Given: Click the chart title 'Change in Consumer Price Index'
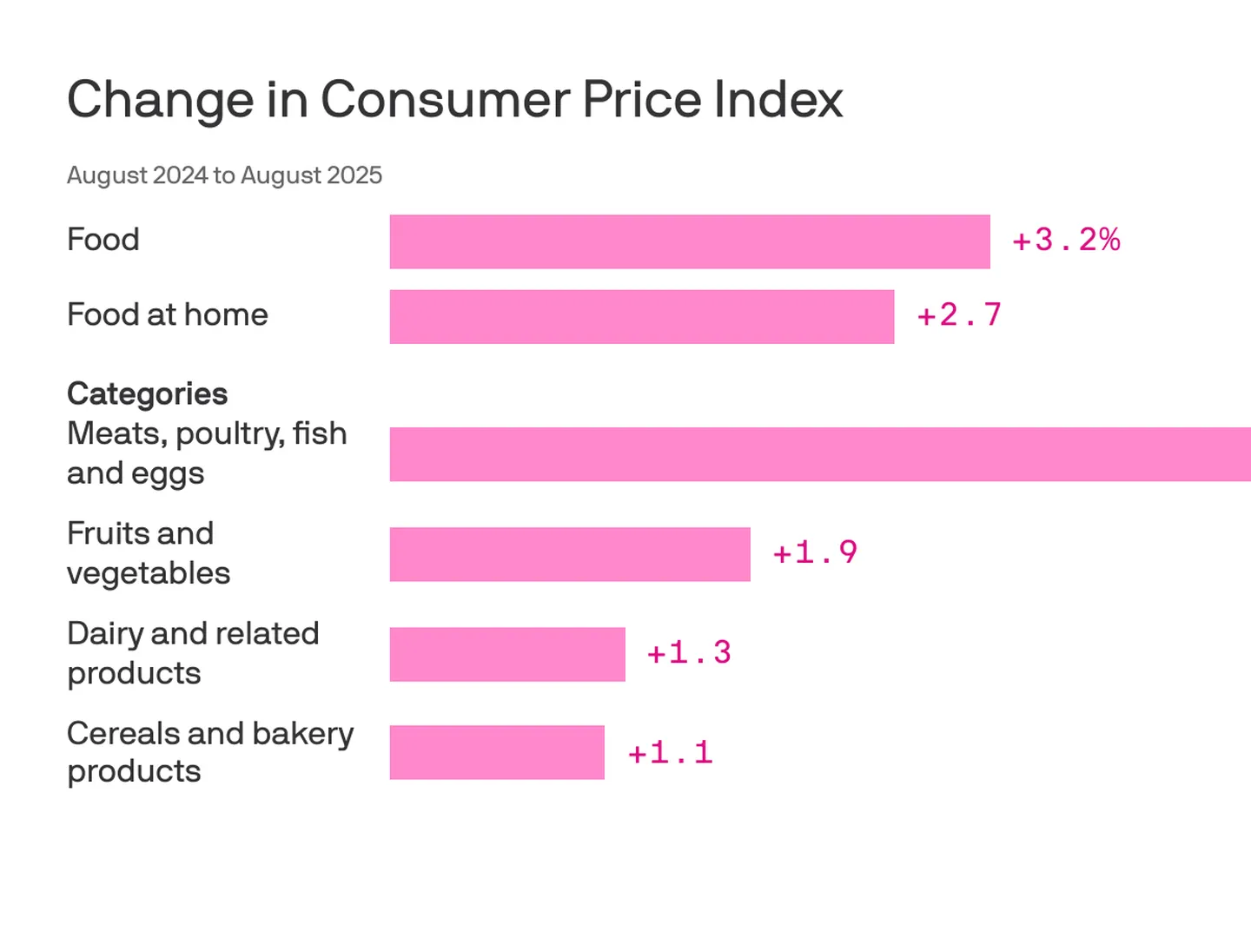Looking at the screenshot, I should coord(454,99).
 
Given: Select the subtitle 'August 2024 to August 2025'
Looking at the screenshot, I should coord(224,175).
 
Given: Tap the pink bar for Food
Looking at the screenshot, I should coord(689,241).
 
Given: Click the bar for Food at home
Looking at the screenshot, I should coord(641,316).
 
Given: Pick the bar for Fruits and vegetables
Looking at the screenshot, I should coord(569,554).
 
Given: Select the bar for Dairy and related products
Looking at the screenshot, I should coord(506,654).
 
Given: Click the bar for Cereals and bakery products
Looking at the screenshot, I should coord(496,752).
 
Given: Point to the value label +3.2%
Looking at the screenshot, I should coord(1066,241).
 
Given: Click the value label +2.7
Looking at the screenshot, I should coord(959,315).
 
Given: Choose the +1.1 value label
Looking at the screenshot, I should coord(670,753).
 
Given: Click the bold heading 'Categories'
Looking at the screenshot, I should coord(147,394).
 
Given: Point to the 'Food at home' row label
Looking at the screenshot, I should coord(167,314).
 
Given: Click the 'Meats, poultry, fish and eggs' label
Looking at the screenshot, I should coord(207,453).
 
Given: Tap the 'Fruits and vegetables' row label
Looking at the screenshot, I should coord(148,553).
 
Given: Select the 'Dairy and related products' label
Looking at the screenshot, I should coord(193,653).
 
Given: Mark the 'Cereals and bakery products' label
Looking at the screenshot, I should coord(210,752).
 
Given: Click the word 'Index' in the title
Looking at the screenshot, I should coord(778,99).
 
